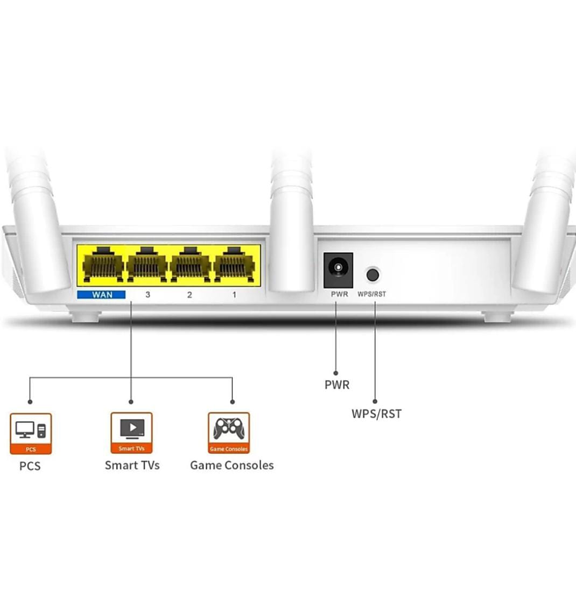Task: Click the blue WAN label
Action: pyautogui.click(x=101, y=295)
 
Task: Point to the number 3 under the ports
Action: pyautogui.click(x=147, y=295)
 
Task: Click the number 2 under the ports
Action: pyautogui.click(x=189, y=295)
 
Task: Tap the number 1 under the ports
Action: pyautogui.click(x=234, y=295)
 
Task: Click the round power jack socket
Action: pyautogui.click(x=338, y=268)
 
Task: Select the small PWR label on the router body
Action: pyautogui.click(x=339, y=294)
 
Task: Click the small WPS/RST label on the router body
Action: pyautogui.click(x=372, y=294)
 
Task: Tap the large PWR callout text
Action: pyautogui.click(x=337, y=385)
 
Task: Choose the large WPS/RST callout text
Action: pyautogui.click(x=376, y=414)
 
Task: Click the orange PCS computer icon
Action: pyautogui.click(x=31, y=433)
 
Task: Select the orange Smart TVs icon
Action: pyautogui.click(x=131, y=433)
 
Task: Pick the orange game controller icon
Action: pyautogui.click(x=229, y=433)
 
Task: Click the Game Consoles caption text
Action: pyautogui.click(x=231, y=465)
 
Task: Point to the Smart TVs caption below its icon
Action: pyautogui.click(x=132, y=465)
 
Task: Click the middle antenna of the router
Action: pyautogui.click(x=291, y=226)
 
